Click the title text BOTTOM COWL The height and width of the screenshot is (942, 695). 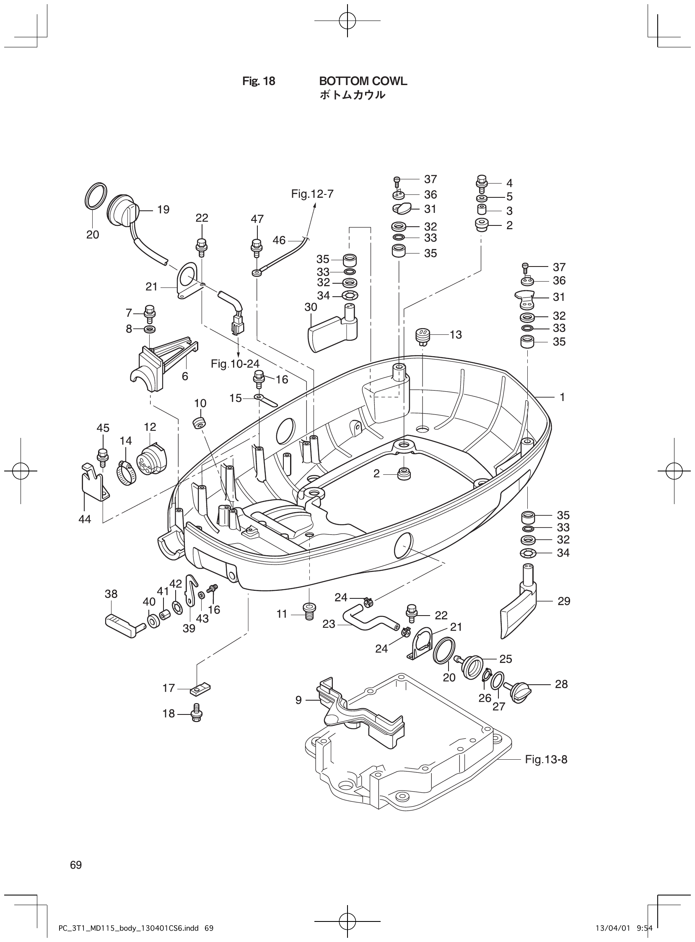pos(363,81)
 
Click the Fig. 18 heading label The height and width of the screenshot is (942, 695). pos(258,81)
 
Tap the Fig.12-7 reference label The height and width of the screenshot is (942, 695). pos(312,194)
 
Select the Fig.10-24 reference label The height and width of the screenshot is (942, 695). pos(235,364)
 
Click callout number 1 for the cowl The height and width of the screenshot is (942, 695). pos(563,397)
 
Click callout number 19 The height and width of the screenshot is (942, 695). pos(163,210)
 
